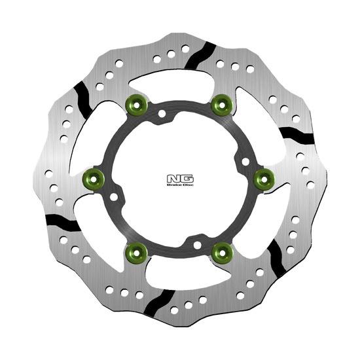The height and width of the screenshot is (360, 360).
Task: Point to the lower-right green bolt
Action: pos(223,249)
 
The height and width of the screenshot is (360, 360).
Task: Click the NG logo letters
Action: pos(179,177)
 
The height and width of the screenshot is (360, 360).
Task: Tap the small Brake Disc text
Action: pos(179,186)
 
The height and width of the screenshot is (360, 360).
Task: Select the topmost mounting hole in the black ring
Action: pos(162,114)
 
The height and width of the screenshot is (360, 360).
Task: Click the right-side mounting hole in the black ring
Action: pos(245,160)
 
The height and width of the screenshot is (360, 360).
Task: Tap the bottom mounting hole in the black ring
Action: pos(197,245)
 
